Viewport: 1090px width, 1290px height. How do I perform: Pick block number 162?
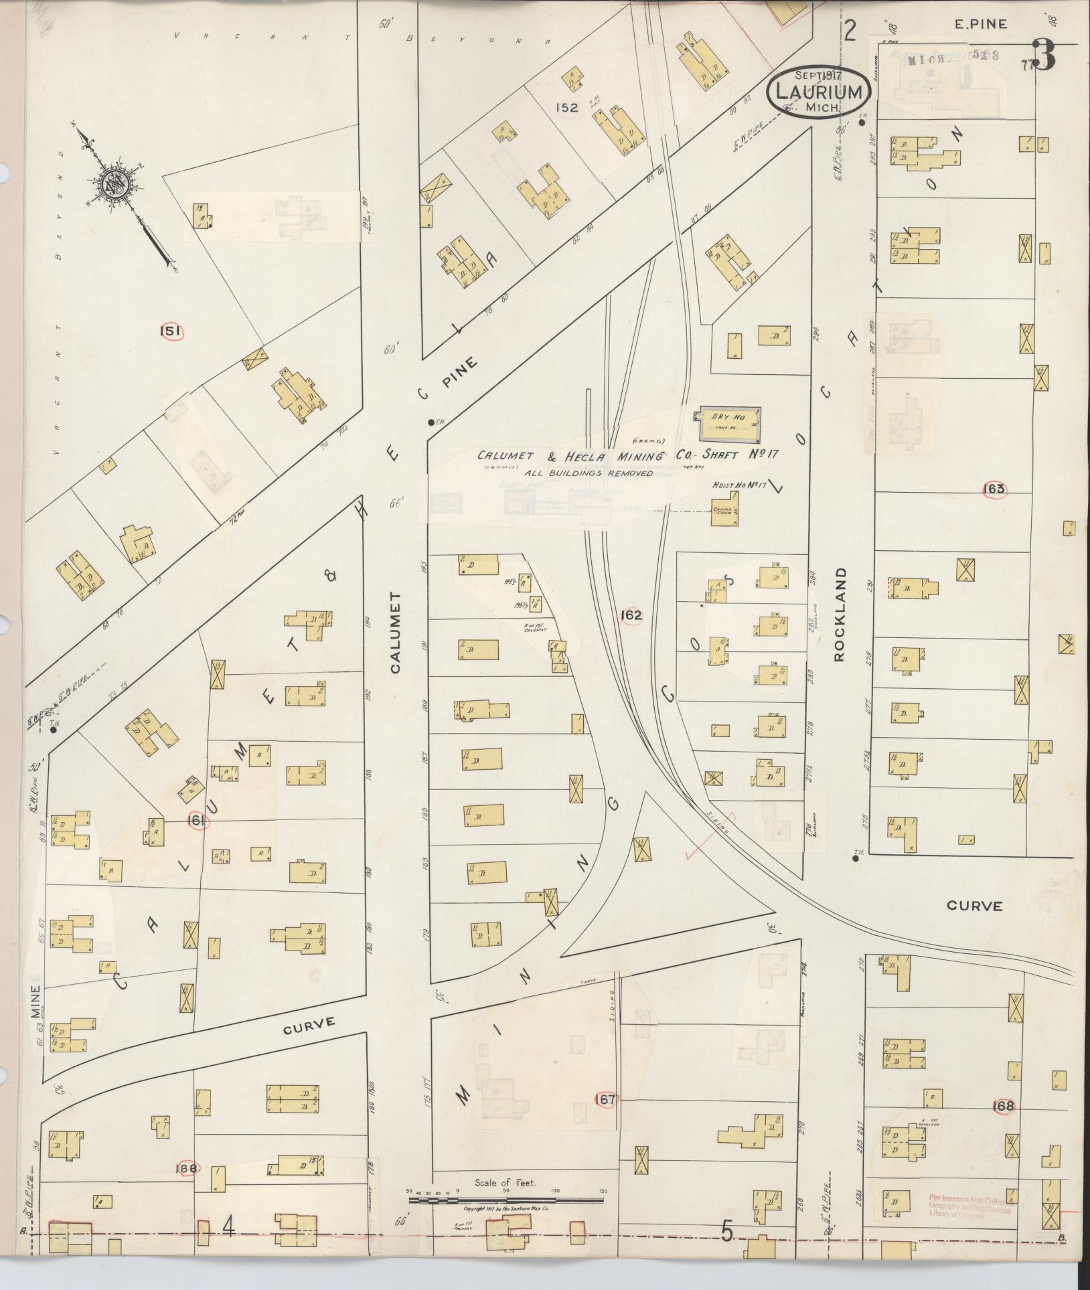click(x=631, y=615)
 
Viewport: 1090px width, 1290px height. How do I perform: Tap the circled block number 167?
click(x=607, y=1099)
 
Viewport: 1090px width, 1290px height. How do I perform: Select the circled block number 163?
click(x=994, y=489)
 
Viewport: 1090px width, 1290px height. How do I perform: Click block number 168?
click(x=1004, y=1106)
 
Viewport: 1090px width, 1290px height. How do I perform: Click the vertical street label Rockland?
click(x=840, y=616)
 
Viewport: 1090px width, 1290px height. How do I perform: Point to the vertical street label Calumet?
click(x=395, y=633)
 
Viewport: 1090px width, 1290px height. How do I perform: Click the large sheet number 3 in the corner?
click(x=1044, y=55)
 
